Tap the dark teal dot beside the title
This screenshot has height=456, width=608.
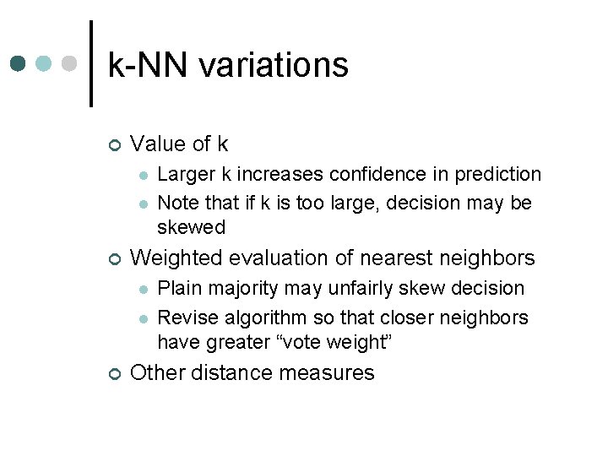click(x=18, y=64)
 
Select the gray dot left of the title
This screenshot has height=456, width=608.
click(x=71, y=64)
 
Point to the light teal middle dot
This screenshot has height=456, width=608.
click(x=45, y=64)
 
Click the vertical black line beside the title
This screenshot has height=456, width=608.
click(x=90, y=63)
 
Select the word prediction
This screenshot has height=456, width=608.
click(x=498, y=175)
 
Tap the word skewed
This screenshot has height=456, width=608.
click(x=192, y=227)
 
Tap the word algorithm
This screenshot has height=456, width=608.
click(x=255, y=318)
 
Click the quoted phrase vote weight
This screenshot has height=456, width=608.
click(x=351, y=342)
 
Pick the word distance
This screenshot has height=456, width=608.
click(x=227, y=372)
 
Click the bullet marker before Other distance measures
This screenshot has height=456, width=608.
click(x=116, y=373)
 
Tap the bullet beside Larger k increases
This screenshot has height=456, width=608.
click(x=144, y=176)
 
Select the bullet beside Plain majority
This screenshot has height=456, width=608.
click(x=144, y=290)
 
